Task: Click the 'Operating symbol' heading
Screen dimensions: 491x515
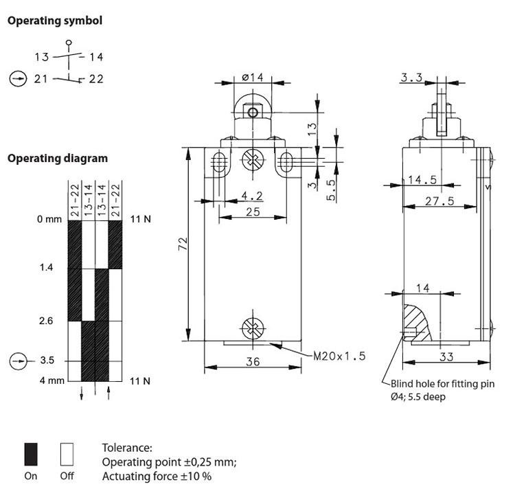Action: [x=55, y=21]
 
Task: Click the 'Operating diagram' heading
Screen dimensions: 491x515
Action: [x=57, y=158]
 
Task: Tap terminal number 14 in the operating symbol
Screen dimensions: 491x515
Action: [x=97, y=57]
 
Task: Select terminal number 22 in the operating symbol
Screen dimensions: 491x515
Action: [x=96, y=79]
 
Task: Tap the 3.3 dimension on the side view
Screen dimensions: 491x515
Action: [x=411, y=78]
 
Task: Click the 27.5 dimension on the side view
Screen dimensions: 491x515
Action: [x=440, y=201]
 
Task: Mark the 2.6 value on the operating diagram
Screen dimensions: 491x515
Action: [x=47, y=321]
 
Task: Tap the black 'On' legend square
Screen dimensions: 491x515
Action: [x=31, y=454]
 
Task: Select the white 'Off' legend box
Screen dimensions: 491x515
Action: [x=67, y=454]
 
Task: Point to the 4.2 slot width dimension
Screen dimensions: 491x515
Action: [x=251, y=196]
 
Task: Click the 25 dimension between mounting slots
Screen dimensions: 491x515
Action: [x=252, y=212]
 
